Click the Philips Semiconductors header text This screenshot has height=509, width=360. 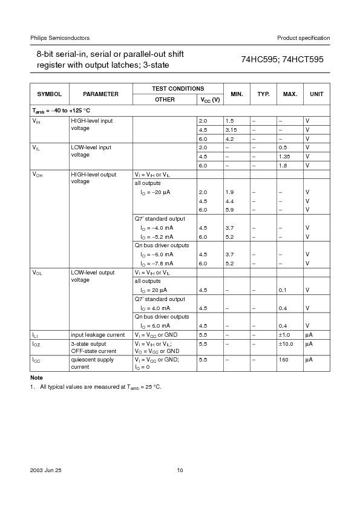pyautogui.click(x=51, y=38)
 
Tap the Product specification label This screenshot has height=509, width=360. pyautogui.click(x=304, y=38)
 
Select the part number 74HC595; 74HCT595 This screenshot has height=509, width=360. pyautogui.click(x=283, y=60)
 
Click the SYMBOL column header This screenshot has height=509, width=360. pyautogui.click(x=49, y=94)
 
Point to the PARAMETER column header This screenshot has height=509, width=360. pyautogui.click(x=100, y=94)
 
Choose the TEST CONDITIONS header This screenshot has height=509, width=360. pyautogui.click(x=178, y=89)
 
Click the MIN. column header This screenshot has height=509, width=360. pyautogui.click(x=237, y=94)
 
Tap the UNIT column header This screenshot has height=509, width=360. pyautogui.click(x=316, y=94)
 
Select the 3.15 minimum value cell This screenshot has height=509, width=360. pyautogui.click(x=231, y=129)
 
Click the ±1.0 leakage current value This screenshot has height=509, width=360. pyautogui.click(x=284, y=334)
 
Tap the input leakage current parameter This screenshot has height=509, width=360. pyautogui.click(x=97, y=334)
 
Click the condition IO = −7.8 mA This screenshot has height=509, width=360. pyautogui.click(x=157, y=264)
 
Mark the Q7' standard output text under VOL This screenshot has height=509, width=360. pyautogui.click(x=160, y=299)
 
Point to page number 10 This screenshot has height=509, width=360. pyautogui.click(x=180, y=470)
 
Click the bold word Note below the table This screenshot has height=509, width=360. pyautogui.click(x=36, y=377)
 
